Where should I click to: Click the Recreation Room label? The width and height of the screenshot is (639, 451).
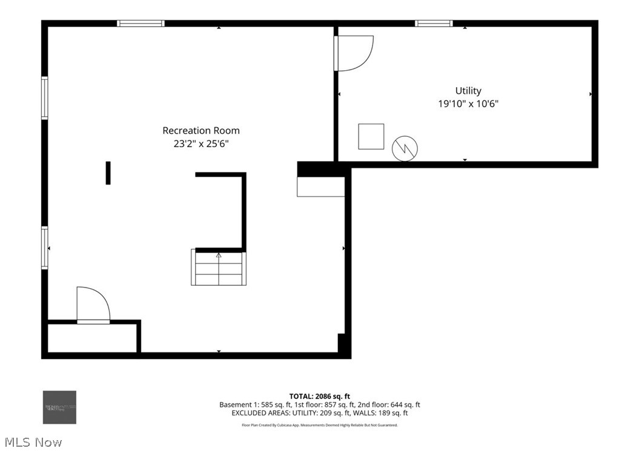tap(201, 130)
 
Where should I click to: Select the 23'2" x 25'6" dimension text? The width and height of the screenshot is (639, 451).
tap(201, 144)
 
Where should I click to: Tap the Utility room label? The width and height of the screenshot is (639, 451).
tap(468, 91)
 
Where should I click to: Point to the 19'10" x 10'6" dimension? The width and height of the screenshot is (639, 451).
tap(468, 104)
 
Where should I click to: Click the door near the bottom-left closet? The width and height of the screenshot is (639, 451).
tap(93, 306)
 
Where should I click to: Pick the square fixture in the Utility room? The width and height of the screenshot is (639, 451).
tap(371, 136)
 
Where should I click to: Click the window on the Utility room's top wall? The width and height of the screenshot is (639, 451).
tap(434, 24)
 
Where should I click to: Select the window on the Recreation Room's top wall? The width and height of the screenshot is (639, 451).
tap(141, 24)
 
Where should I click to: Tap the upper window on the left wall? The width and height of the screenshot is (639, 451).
tap(45, 97)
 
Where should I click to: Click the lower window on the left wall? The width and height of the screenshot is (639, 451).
tap(45, 247)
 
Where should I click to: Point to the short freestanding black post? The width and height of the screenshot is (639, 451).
tap(108, 173)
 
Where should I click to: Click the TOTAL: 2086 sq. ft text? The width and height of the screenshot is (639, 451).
tap(319, 396)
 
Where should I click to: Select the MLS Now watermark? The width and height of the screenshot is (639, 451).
tap(31, 443)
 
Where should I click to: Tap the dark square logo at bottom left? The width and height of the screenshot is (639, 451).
tap(59, 407)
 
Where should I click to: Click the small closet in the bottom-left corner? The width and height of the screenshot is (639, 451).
tap(92, 338)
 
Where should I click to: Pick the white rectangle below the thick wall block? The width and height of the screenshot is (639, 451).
tap(320, 187)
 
